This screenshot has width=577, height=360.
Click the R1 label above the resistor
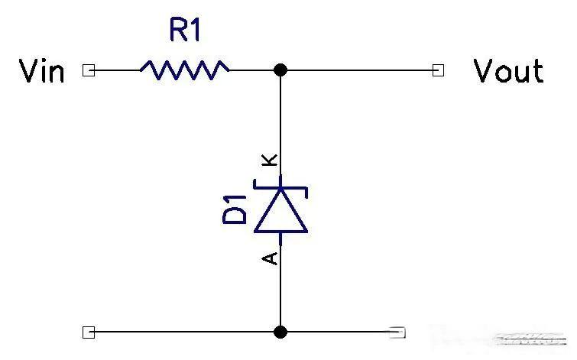click(x=185, y=30)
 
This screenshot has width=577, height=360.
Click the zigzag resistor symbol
click(x=185, y=70)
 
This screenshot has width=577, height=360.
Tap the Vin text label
click(x=41, y=70)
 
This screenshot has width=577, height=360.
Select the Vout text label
click(x=508, y=70)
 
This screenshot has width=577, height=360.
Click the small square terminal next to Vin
click(x=89, y=70)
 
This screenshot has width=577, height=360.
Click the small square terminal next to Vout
click(x=438, y=70)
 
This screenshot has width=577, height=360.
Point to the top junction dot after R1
click(x=280, y=70)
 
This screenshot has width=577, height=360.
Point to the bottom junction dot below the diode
click(x=280, y=332)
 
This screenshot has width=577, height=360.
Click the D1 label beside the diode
click(x=235, y=210)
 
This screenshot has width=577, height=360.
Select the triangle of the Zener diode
click(x=280, y=211)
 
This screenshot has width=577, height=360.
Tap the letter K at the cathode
click(x=269, y=160)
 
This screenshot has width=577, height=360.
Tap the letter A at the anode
click(x=269, y=258)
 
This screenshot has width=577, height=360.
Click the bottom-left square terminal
click(x=89, y=332)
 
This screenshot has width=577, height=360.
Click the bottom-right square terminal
click(x=398, y=332)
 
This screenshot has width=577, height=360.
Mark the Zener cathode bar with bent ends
click(x=280, y=188)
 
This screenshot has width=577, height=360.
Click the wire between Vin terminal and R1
click(x=118, y=70)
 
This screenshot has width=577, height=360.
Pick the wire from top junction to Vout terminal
click(x=360, y=70)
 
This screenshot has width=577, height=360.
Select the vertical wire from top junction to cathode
click(x=280, y=126)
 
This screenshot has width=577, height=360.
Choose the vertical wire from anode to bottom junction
click(x=280, y=286)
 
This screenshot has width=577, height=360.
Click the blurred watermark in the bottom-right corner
click(x=530, y=339)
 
